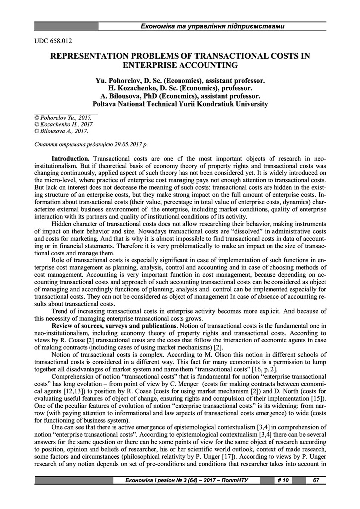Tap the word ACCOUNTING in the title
(x=209, y=65)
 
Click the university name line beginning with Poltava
(x=180, y=104)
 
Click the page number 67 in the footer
(x=315, y=480)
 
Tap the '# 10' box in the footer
(x=284, y=480)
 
